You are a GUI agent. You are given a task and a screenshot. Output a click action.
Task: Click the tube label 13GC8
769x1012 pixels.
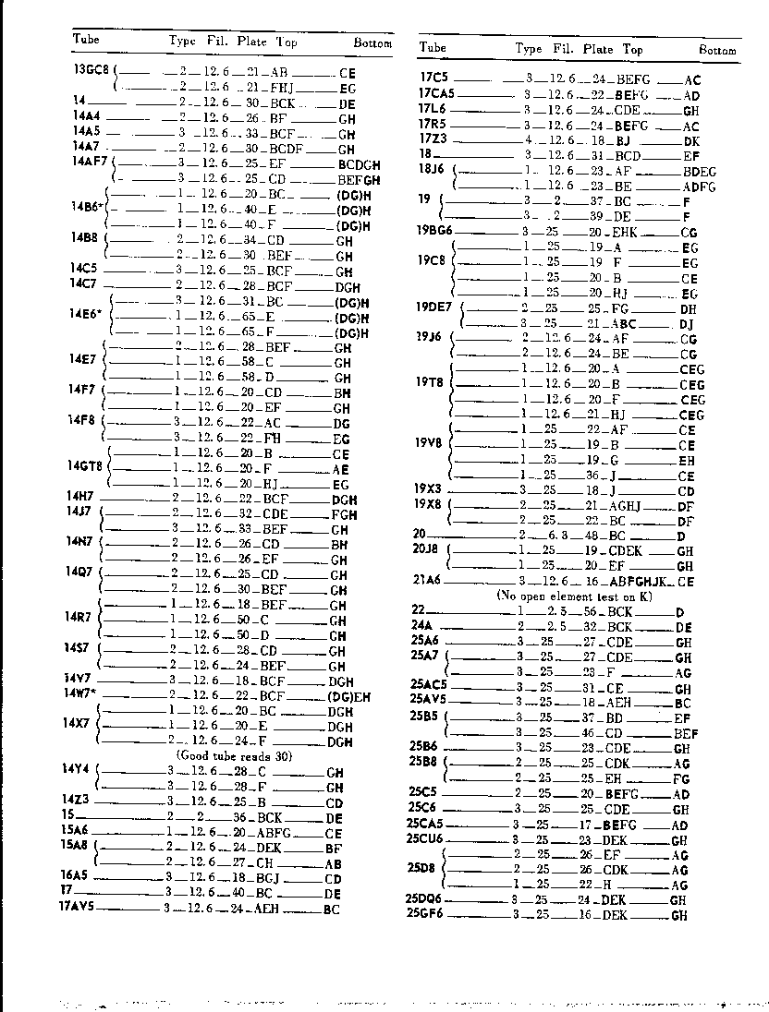coord(92,69)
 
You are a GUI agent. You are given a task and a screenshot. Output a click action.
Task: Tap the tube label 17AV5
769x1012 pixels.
coord(79,908)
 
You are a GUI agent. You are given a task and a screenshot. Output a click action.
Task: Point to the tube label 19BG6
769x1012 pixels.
coord(434,232)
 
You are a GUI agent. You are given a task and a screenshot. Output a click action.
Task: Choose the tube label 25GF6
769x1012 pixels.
coord(424,914)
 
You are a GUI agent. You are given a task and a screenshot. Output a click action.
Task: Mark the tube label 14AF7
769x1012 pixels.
coord(91,162)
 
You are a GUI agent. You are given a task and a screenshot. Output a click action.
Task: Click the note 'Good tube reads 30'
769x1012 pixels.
coord(234,755)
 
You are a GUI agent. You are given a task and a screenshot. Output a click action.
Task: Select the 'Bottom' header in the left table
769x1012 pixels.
coord(372,43)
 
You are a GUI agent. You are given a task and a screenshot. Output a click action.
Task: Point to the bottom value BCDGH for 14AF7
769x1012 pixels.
coord(360,164)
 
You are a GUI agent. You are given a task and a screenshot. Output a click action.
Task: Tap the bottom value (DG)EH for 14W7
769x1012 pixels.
coord(350,694)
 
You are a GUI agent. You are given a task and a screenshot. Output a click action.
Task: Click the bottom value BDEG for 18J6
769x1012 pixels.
coord(698,171)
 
